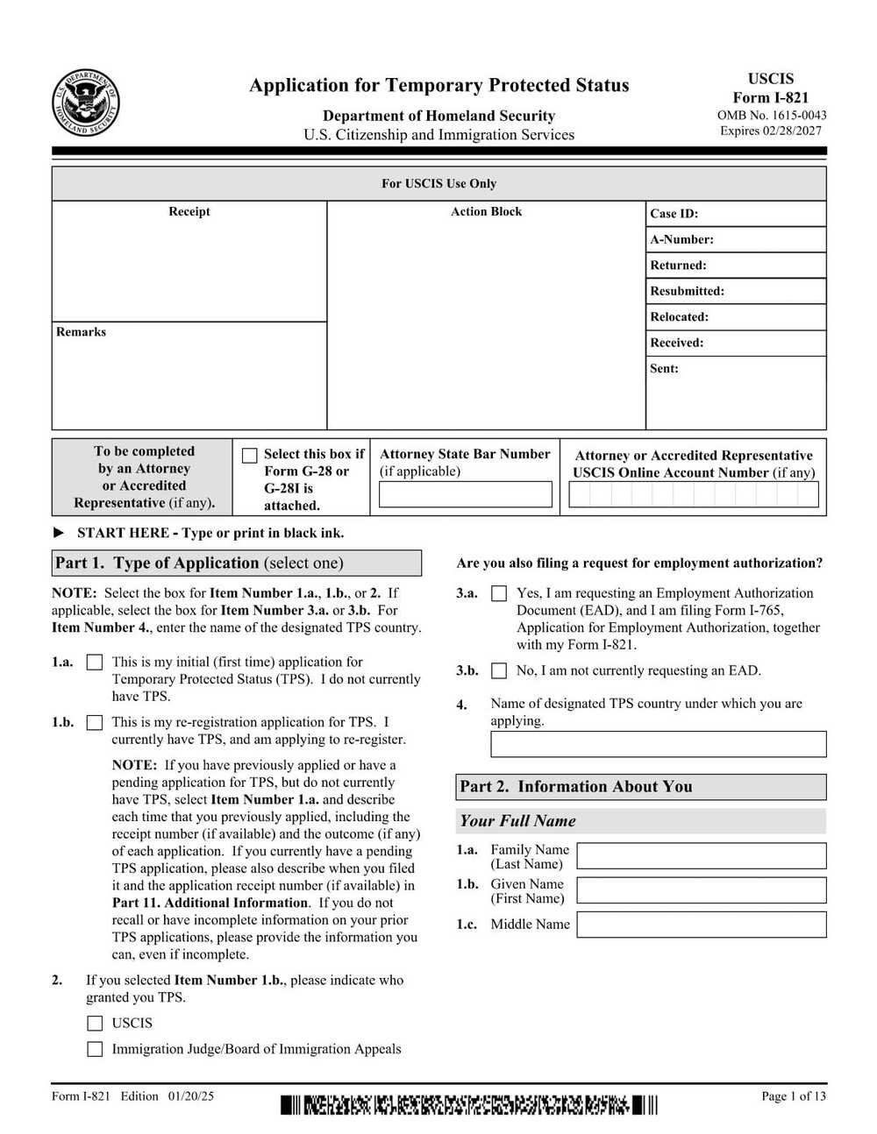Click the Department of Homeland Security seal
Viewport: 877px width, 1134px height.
[85, 103]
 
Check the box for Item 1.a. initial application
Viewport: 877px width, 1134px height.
[95, 663]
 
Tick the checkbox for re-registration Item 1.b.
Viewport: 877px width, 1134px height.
[95, 723]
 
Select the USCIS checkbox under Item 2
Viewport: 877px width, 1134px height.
[95, 1024]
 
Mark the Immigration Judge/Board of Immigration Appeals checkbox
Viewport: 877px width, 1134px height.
[95, 1049]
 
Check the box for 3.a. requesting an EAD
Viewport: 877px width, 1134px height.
[499, 593]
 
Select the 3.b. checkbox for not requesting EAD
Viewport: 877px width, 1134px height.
[499, 671]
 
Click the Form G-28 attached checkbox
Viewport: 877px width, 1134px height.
[250, 455]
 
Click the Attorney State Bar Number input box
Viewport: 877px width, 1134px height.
[465, 494]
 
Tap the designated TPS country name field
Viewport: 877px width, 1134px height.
[658, 744]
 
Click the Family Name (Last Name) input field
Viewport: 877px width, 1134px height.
[701, 856]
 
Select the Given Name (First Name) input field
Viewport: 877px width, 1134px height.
[701, 890]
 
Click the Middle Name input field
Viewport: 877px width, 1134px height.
[701, 925]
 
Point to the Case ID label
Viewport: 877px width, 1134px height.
[674, 214]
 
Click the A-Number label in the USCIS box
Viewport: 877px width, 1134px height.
[681, 239]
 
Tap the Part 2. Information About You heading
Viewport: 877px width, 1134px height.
[576, 787]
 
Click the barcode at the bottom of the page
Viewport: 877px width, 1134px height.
[468, 1105]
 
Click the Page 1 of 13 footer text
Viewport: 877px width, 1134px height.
[793, 1095]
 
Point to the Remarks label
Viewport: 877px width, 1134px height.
[81, 332]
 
